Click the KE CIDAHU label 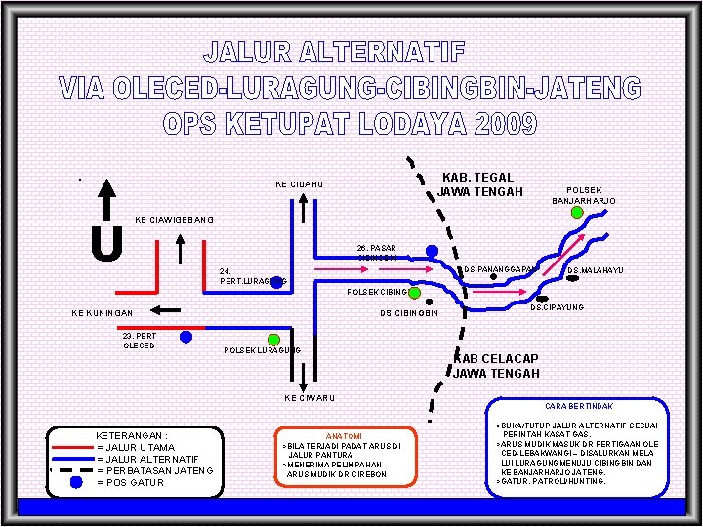[x=299, y=184]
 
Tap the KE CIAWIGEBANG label [x=173, y=219]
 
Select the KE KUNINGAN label [x=102, y=313]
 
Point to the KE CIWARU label [x=310, y=397]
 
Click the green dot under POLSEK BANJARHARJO [x=577, y=212]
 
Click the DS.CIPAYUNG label [x=557, y=307]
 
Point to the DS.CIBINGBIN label [x=409, y=313]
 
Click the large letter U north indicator [x=105, y=243]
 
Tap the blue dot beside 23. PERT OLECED [x=186, y=338]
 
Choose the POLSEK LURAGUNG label [x=262, y=349]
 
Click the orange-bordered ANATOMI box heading [x=343, y=435]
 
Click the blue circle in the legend [x=76, y=481]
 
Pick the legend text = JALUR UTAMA [x=136, y=447]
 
